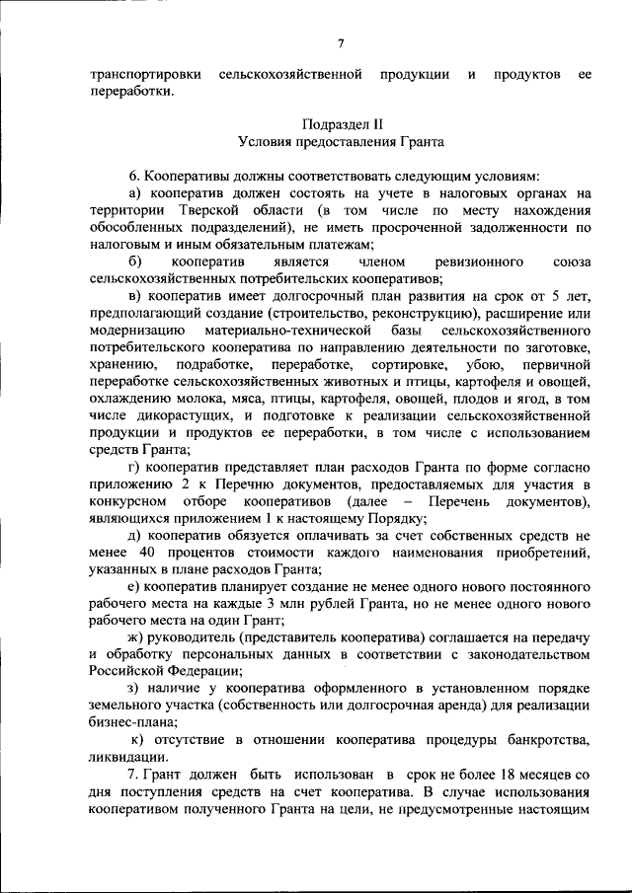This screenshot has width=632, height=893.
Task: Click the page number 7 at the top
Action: click(340, 41)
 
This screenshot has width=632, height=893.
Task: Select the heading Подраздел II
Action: click(340, 124)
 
